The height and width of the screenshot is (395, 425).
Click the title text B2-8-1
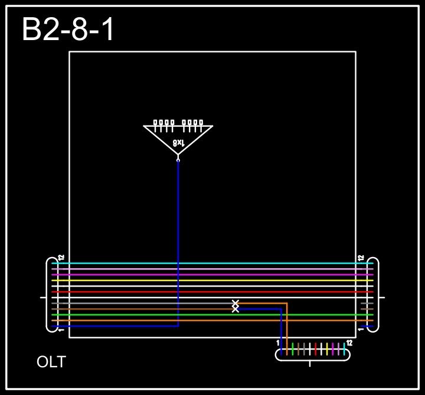68,30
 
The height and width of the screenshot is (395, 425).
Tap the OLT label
51,362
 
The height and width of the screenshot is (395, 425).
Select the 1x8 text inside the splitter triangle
178,143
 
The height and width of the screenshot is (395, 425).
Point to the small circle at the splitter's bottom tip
178,159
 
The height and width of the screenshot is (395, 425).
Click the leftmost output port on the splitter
155,123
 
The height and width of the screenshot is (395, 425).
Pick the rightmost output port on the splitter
201,123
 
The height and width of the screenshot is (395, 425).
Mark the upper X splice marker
236,303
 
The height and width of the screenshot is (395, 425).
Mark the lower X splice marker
236,309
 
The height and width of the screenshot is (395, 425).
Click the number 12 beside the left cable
61,258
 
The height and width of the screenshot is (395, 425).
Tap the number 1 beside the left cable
61,330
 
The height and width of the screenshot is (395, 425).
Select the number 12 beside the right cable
361,258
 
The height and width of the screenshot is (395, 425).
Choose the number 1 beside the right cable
361,330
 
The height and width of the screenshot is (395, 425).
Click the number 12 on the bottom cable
349,343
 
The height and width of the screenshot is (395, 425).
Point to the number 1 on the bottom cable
278,343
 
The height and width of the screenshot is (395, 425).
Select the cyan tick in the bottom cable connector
344,349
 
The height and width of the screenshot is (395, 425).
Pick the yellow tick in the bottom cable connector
327,349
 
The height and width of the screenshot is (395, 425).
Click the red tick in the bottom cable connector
316,349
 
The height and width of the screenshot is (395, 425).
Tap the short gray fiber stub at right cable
367,303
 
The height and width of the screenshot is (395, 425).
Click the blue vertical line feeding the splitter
178,236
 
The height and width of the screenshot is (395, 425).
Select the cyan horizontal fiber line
212,263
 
